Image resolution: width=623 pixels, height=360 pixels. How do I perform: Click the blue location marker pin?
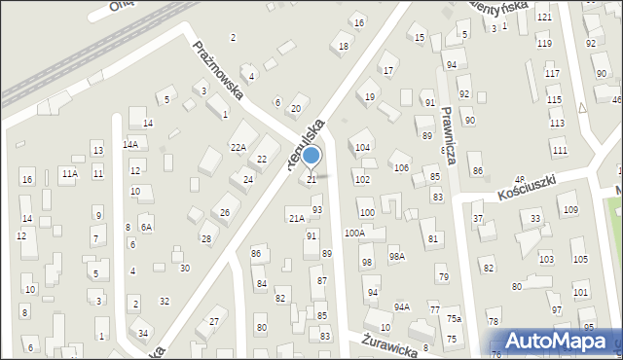(311, 157)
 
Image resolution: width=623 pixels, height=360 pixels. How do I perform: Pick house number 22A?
(238, 147)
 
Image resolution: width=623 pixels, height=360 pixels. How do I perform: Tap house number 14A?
(129, 144)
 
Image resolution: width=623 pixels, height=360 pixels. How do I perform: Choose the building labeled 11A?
(69, 173)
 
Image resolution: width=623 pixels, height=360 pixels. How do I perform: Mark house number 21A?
(296, 217)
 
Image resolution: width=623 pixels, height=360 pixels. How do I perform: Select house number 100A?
(354, 234)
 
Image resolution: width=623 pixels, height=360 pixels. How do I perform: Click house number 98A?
(396, 256)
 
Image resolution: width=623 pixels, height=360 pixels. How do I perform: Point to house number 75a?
(454, 319)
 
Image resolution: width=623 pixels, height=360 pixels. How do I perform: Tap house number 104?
(362, 148)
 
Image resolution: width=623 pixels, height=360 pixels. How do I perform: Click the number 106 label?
(401, 168)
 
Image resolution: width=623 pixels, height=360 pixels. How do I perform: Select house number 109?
(570, 210)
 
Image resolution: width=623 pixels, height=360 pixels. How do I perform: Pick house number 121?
(543, 18)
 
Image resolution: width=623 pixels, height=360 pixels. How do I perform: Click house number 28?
(205, 238)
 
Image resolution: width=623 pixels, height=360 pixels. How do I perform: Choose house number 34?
(143, 334)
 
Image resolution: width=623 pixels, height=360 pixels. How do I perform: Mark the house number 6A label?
(146, 228)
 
